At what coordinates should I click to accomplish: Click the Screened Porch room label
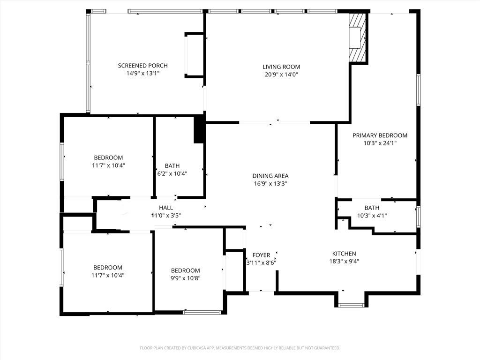coord(142,66)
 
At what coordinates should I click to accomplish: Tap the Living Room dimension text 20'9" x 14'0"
coord(281,74)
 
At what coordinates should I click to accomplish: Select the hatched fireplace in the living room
coord(357,38)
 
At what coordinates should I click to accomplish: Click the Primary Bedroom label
coord(380,135)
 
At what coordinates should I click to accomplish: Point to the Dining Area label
coord(270,176)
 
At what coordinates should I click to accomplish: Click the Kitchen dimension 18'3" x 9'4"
coord(344,262)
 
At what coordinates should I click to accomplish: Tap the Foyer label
coord(261,255)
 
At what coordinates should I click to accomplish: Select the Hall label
coord(165,208)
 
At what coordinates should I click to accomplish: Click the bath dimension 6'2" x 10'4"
coord(172,173)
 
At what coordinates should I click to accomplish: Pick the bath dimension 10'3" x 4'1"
coord(372,216)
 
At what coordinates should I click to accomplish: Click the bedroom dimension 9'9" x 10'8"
coord(185,278)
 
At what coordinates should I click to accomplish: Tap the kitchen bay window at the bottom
coord(351,305)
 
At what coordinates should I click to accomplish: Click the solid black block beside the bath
coord(199,129)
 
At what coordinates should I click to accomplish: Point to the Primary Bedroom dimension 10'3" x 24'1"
coord(380,143)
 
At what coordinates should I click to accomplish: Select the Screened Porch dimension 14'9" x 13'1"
coord(142,74)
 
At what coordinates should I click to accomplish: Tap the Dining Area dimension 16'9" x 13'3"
coord(270,184)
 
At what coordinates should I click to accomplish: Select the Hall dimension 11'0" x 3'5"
coord(165,216)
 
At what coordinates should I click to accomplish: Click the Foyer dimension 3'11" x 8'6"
coord(261,263)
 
